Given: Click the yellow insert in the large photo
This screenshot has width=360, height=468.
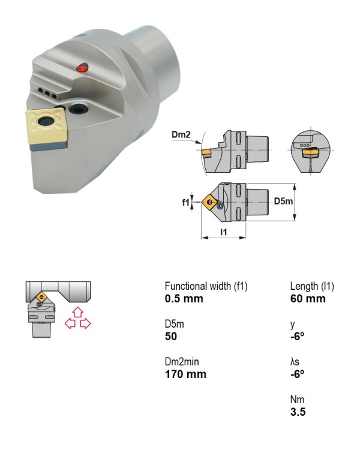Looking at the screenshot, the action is click(47, 124).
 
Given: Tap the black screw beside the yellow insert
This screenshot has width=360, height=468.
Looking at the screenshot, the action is click(78, 108).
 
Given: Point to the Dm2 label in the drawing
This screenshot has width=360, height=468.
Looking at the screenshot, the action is click(181, 134).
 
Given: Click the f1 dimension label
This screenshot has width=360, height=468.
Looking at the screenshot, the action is click(185, 202).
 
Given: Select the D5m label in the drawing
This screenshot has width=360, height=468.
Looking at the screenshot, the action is click(283, 201).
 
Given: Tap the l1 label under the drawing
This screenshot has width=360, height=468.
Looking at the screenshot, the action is click(224, 232).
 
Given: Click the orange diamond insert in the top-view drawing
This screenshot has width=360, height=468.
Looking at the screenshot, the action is click(210, 202).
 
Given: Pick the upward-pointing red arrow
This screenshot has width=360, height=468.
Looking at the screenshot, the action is click(78, 311).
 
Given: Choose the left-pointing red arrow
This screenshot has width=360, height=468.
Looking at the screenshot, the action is click(70, 323).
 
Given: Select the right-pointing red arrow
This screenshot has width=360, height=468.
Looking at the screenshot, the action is click(85, 323).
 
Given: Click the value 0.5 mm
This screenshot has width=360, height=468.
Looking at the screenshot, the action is click(184, 298).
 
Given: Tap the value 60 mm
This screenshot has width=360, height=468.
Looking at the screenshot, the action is click(308, 298).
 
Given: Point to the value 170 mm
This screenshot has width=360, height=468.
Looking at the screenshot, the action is click(185, 374).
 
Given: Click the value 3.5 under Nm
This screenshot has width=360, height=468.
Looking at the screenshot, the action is click(298, 412).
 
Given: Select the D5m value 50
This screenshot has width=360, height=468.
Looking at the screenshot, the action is click(171, 337).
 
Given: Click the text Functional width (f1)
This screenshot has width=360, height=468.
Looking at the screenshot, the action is click(206, 286).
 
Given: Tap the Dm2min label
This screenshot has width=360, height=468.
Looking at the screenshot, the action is click(181, 362).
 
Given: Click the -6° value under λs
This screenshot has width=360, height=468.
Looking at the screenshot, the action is click(298, 374).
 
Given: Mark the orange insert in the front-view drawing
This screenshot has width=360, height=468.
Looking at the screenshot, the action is click(311, 152).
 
